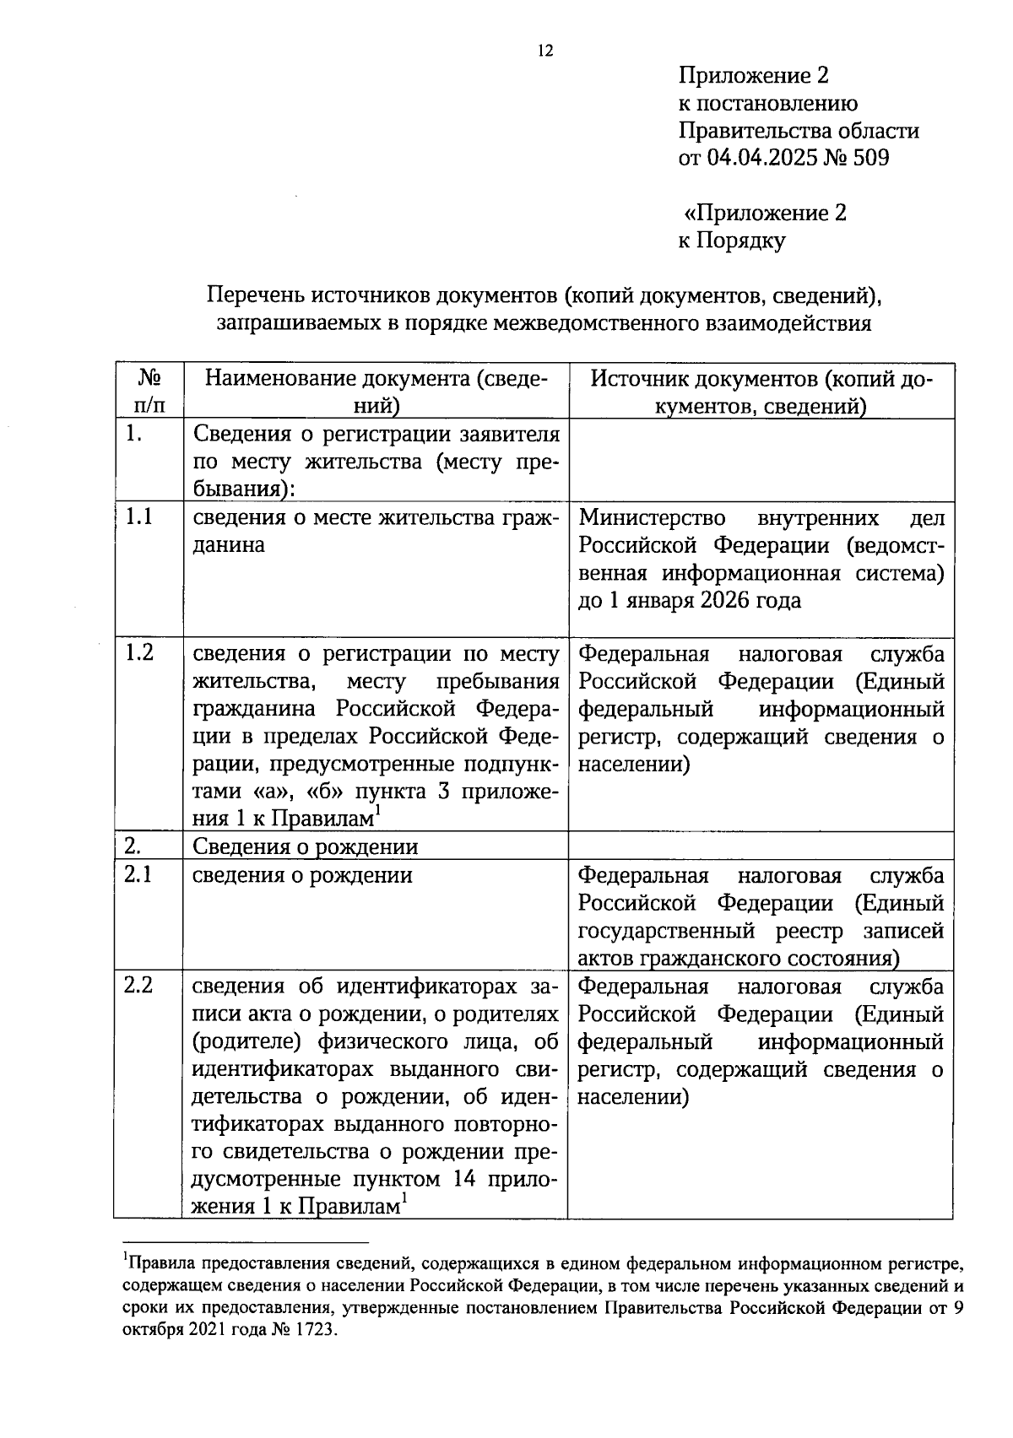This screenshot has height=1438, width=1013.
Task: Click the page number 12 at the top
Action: click(x=544, y=51)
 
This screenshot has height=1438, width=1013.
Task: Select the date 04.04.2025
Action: click(x=760, y=158)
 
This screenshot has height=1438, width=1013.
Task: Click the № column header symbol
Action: click(x=149, y=376)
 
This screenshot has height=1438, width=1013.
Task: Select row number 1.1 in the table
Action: click(x=138, y=516)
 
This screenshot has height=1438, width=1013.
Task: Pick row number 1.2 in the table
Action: click(x=138, y=653)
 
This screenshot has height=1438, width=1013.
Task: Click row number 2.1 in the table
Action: click(x=138, y=875)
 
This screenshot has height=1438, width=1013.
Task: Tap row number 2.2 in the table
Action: click(x=138, y=986)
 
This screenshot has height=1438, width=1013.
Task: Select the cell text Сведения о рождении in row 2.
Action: click(x=305, y=846)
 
